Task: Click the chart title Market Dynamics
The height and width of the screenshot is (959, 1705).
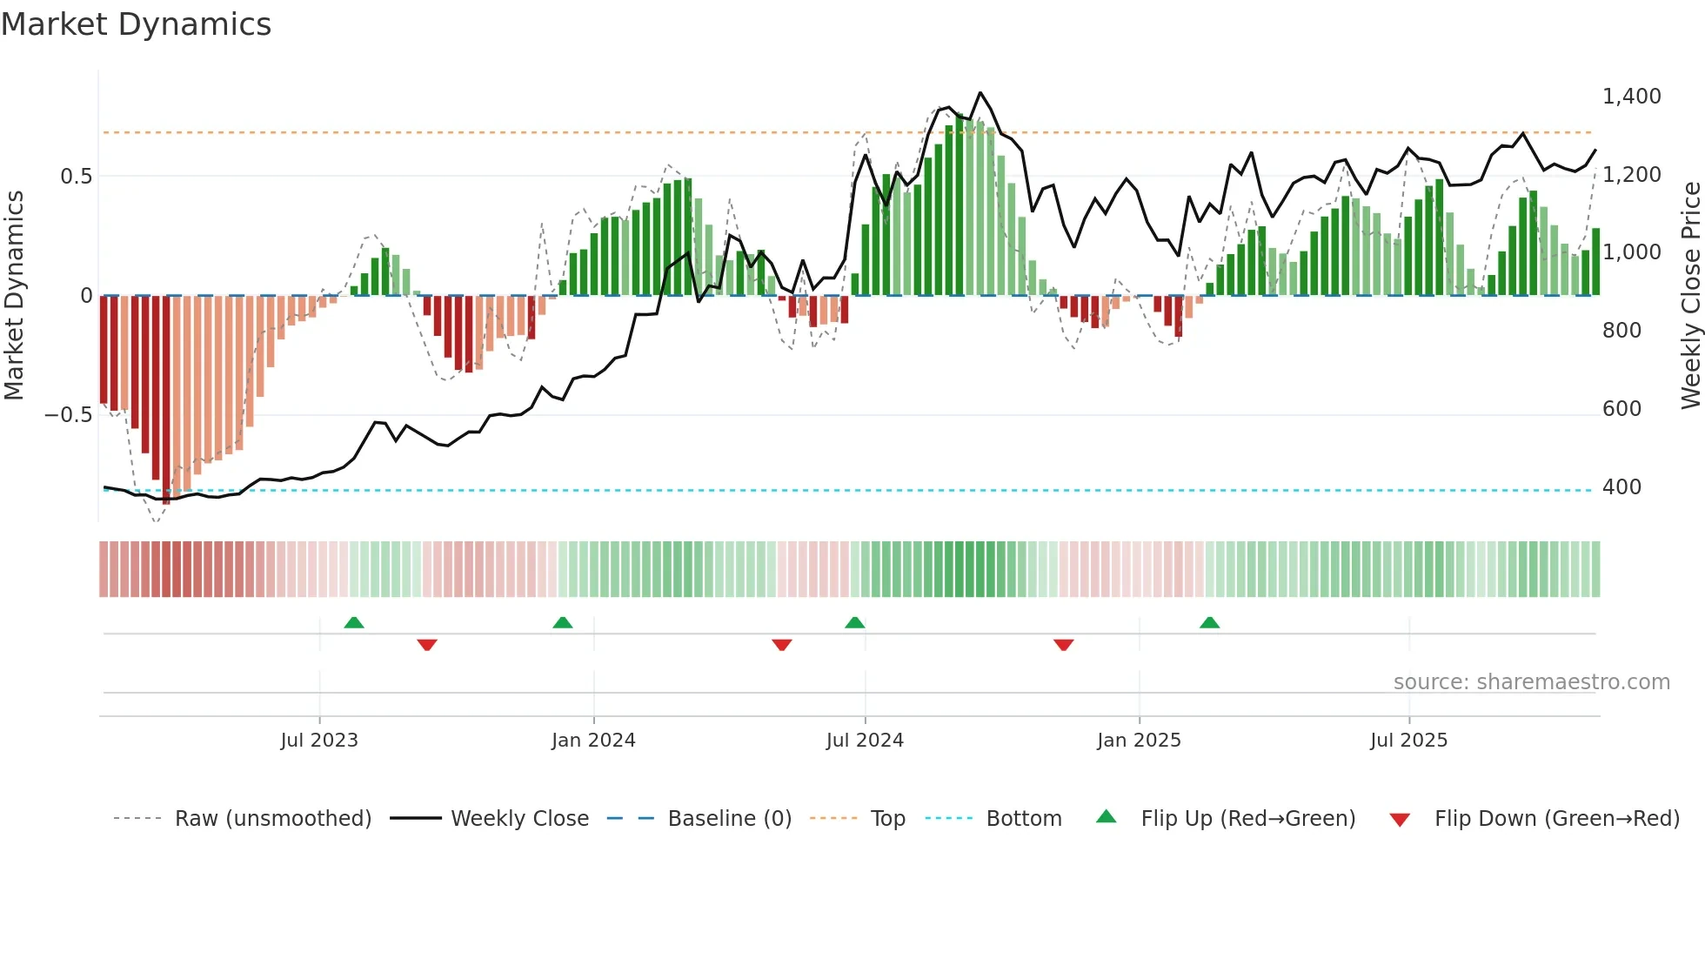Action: pyautogui.click(x=136, y=24)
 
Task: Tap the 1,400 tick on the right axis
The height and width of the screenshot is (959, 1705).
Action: pyautogui.click(x=1631, y=97)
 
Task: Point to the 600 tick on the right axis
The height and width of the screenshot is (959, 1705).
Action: pyautogui.click(x=1621, y=409)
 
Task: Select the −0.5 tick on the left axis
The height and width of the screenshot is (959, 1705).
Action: pyautogui.click(x=68, y=415)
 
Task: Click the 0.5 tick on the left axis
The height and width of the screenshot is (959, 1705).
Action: pyautogui.click(x=76, y=177)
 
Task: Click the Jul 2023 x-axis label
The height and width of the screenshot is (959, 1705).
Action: pyautogui.click(x=319, y=741)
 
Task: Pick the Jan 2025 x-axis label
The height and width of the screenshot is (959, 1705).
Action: pyautogui.click(x=1139, y=741)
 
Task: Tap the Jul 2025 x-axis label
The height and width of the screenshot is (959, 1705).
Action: pyautogui.click(x=1408, y=741)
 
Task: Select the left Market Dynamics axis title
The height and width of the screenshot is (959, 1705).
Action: pyautogui.click(x=14, y=296)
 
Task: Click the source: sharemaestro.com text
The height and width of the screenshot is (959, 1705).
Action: pyautogui.click(x=1531, y=682)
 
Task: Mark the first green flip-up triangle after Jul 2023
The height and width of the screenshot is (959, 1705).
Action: pyautogui.click(x=353, y=623)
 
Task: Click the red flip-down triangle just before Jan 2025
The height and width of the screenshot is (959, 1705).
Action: pyautogui.click(x=1063, y=645)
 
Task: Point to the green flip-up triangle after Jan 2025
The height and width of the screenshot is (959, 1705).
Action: pyautogui.click(x=1209, y=623)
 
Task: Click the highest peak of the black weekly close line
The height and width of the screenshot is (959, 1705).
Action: pyautogui.click(x=980, y=93)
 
